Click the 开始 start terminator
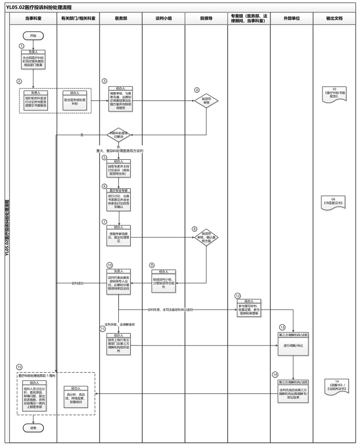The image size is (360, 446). click(x=33, y=36)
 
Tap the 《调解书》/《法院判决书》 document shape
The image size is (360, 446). click(x=335, y=386)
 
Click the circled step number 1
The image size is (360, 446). click(x=22, y=46)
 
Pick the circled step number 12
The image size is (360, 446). click(x=237, y=295)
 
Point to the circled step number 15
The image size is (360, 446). click(x=19, y=367)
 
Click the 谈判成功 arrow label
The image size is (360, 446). click(x=78, y=283)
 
